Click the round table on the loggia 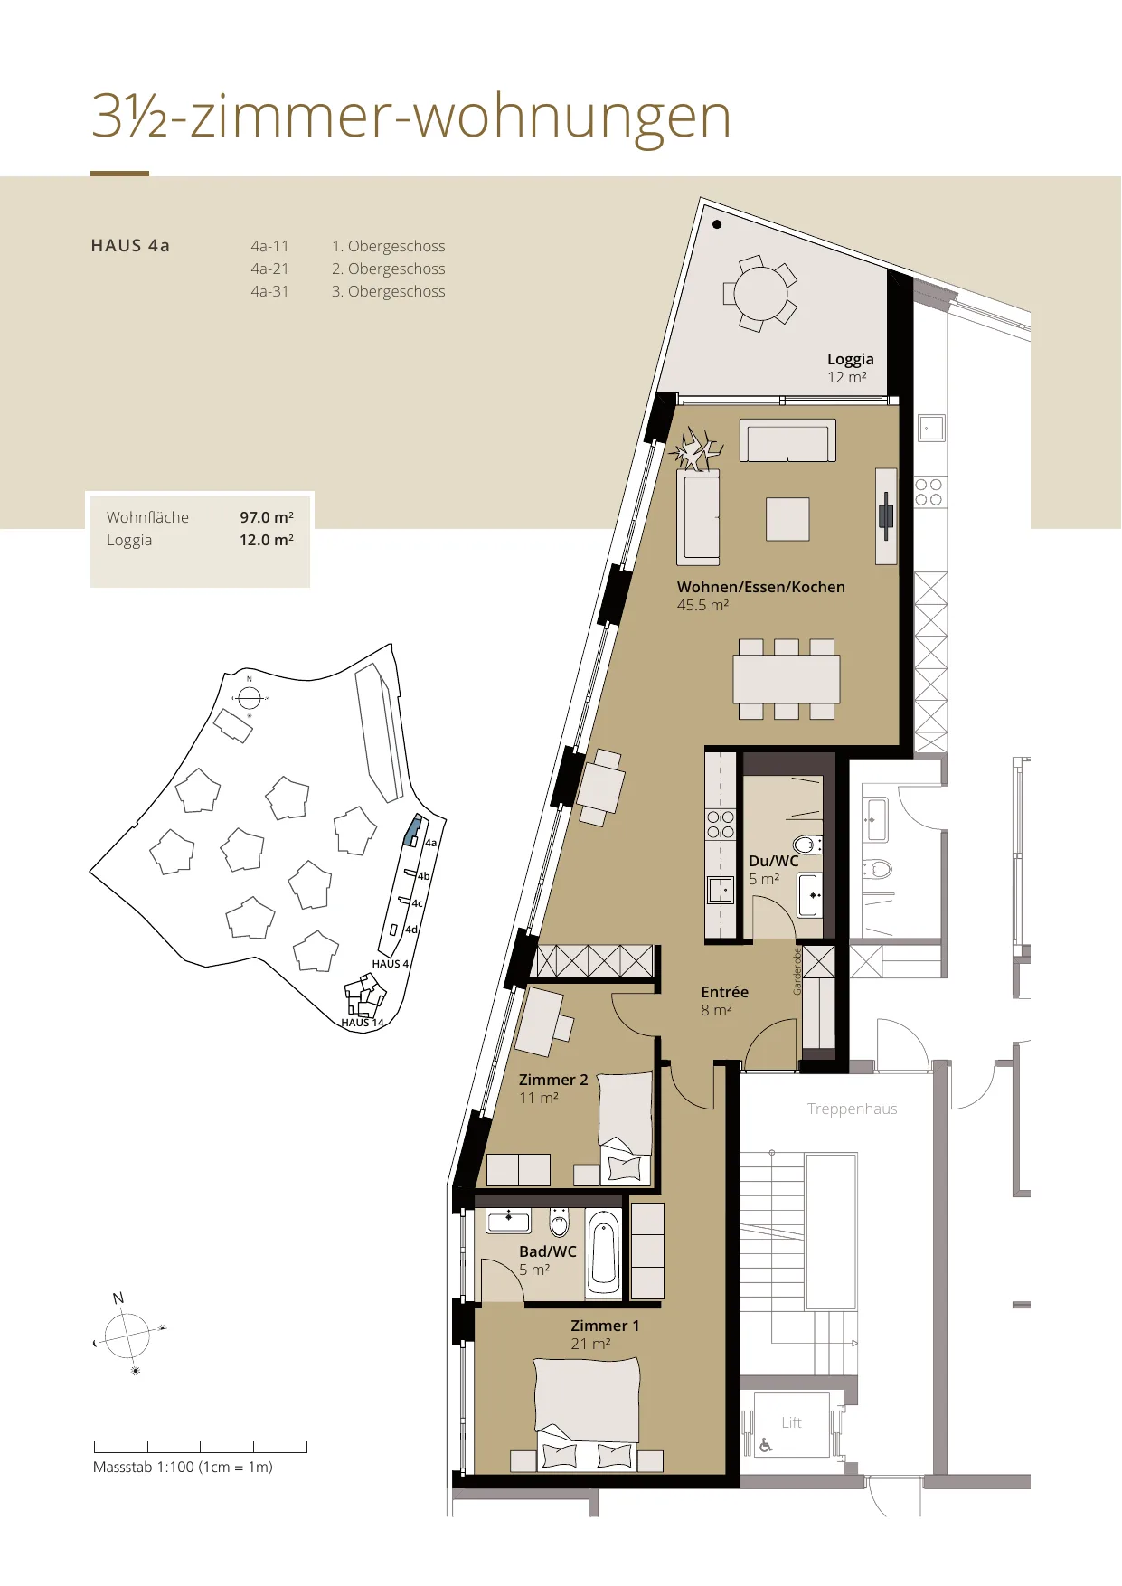[x=760, y=293]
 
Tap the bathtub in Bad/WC [x=604, y=1252]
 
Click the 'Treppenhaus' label [x=852, y=1109]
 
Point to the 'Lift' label [x=791, y=1422]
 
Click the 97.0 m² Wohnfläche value [x=267, y=517]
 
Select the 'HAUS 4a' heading [x=130, y=246]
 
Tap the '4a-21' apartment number [x=269, y=269]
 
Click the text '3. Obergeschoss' [x=388, y=291]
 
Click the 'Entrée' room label [x=724, y=992]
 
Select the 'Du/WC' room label [x=773, y=861]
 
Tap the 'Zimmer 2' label [x=553, y=1080]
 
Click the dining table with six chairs [x=787, y=679]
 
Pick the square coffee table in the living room [x=787, y=519]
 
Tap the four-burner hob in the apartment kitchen [x=721, y=825]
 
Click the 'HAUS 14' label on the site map [x=363, y=1023]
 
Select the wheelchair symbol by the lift [x=766, y=1445]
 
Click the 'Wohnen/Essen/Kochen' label [x=761, y=587]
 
